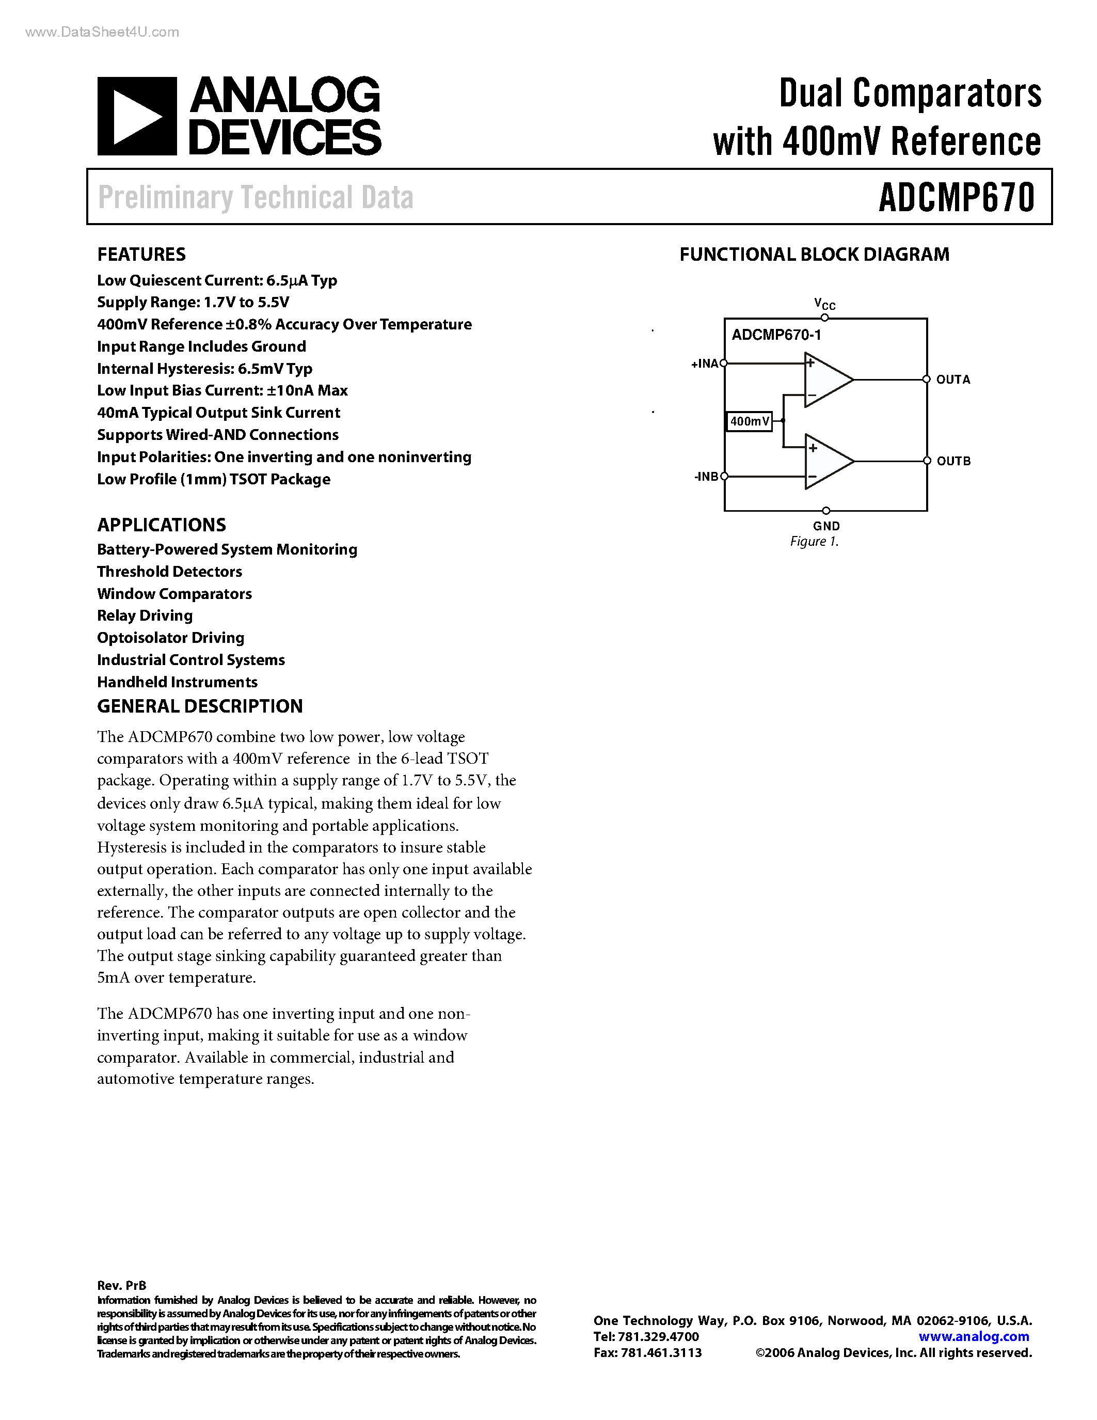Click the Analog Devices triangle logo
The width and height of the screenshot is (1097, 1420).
coord(136,116)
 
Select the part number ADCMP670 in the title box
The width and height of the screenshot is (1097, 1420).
coord(956,198)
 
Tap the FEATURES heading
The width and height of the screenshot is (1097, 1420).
coord(141,254)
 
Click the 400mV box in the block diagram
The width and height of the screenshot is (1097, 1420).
coord(749,421)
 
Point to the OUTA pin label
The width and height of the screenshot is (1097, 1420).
coord(953,380)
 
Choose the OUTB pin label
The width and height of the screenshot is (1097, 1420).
coord(953,461)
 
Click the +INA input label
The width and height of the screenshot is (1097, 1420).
coord(705,364)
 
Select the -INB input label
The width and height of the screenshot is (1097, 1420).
coord(706,477)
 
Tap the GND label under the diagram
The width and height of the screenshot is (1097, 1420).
coord(826,526)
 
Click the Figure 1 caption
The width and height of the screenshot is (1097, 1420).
coord(814,542)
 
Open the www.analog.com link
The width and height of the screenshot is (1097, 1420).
coord(974,1336)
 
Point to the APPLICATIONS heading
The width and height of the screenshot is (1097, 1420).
coord(161,525)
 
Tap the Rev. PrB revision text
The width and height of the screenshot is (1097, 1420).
coord(121,1285)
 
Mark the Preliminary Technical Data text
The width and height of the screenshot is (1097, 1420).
coord(256,198)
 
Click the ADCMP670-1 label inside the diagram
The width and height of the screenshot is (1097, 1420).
coord(776,335)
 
